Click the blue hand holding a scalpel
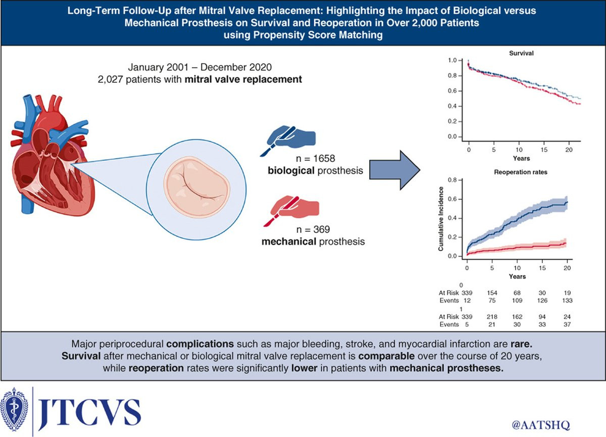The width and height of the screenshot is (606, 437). point(288,139)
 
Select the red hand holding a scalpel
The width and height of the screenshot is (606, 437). point(291,210)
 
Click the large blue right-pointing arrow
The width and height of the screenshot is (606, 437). point(395,170)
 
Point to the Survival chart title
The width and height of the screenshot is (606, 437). point(521,53)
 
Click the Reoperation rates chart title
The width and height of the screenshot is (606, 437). point(521,172)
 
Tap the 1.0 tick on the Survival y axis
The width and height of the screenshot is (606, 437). point(452,60)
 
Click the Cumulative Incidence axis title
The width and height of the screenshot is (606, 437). point(441,219)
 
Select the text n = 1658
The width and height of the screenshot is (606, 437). point(315,158)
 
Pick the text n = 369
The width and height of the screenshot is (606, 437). point(313,229)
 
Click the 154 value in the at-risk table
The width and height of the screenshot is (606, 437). point(492,293)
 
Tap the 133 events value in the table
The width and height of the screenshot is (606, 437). point(567,301)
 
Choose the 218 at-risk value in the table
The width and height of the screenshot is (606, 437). point(492,317)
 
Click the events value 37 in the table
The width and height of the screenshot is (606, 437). point(567,324)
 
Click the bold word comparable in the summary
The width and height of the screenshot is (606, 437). point(386,356)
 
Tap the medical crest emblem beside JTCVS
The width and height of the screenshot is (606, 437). point(14,409)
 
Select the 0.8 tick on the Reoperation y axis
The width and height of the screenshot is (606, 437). point(452,180)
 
